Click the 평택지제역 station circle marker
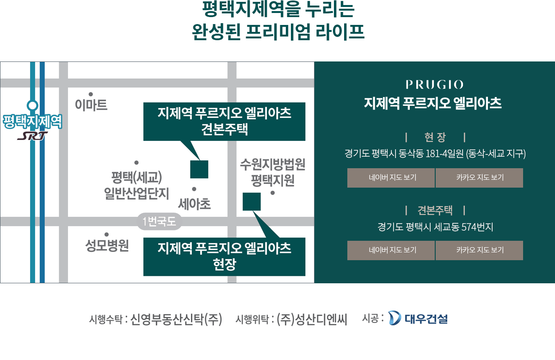click(32, 105)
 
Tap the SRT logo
click(32, 136)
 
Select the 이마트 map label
click(91, 105)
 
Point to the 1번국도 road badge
click(159, 221)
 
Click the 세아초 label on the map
click(195, 204)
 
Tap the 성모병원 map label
click(107, 245)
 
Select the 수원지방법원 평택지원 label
click(272, 172)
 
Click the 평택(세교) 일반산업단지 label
click(136, 185)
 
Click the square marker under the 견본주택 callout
click(199, 169)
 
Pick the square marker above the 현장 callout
click(252, 201)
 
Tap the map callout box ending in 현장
click(224, 257)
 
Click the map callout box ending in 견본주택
click(224, 122)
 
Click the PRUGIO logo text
click(434, 85)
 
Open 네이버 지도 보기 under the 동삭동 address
click(391, 178)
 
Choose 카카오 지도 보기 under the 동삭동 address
click(480, 178)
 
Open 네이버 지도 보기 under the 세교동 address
click(391, 250)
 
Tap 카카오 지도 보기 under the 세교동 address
click(480, 250)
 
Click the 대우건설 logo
click(418, 318)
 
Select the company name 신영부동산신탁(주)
click(176, 319)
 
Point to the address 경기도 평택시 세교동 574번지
click(435, 227)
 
